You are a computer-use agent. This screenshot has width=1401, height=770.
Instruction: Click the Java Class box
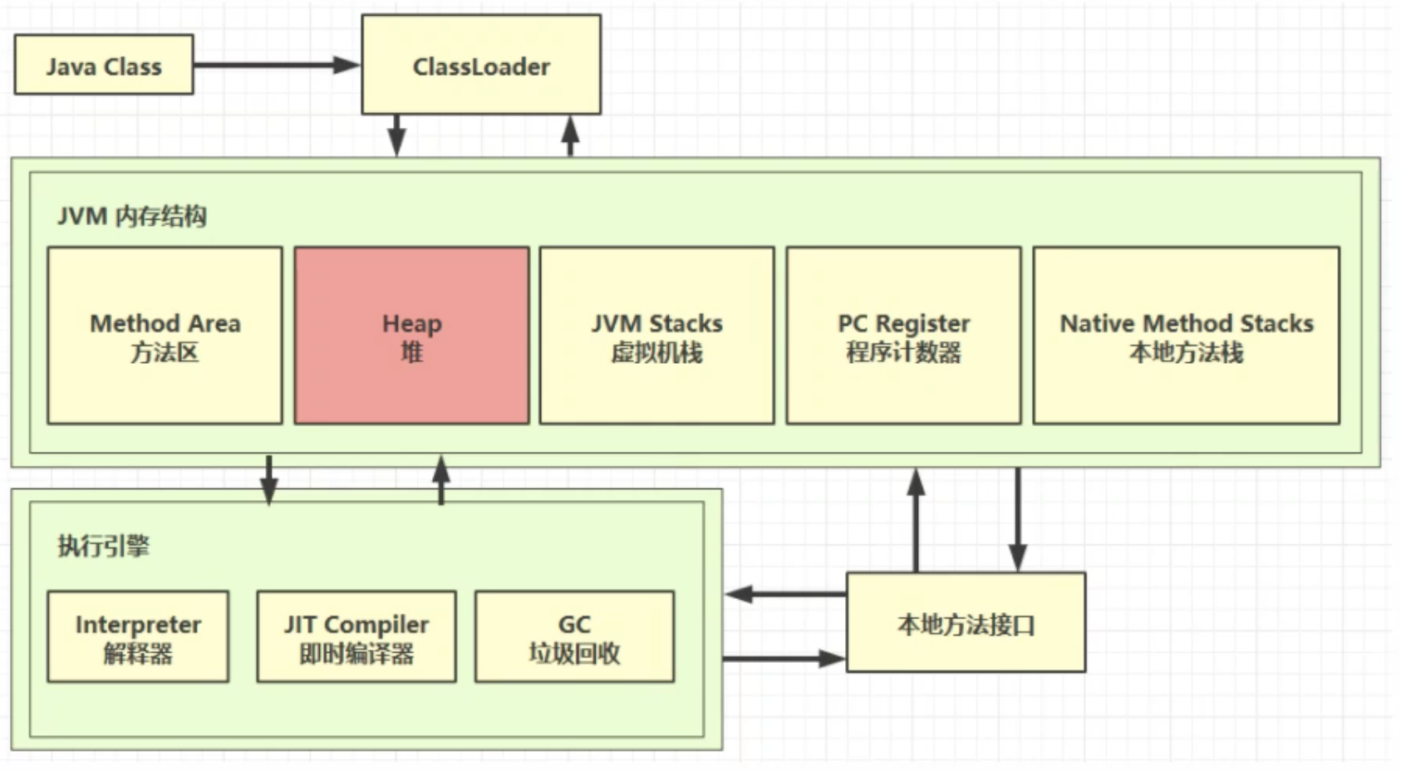click(x=104, y=65)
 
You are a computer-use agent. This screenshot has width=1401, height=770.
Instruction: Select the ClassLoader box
click(x=481, y=65)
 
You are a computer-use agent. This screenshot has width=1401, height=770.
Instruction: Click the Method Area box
click(x=165, y=336)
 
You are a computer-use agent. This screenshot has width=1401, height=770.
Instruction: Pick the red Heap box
click(x=411, y=336)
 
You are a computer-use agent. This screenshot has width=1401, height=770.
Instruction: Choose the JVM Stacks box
click(x=656, y=336)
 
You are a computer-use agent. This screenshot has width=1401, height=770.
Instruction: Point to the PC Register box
click(x=903, y=336)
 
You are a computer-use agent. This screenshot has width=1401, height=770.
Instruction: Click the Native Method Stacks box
click(x=1186, y=336)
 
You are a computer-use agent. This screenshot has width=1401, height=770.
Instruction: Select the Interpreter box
click(x=138, y=637)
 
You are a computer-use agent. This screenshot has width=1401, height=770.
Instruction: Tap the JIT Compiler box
click(x=356, y=637)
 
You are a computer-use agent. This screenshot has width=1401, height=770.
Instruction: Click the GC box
click(x=574, y=637)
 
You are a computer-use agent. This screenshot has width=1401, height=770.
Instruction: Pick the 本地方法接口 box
click(x=966, y=623)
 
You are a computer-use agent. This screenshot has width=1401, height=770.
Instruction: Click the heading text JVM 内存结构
click(x=131, y=217)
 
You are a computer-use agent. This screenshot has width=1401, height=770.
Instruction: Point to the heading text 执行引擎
click(x=103, y=546)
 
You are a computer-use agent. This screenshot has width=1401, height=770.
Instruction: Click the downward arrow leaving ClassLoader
click(x=397, y=135)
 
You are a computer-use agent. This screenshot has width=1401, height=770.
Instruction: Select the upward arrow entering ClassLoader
click(x=570, y=136)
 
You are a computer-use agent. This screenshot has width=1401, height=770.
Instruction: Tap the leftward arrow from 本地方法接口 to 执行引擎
click(x=785, y=594)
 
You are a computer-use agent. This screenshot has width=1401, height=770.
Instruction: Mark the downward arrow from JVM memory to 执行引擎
click(x=268, y=479)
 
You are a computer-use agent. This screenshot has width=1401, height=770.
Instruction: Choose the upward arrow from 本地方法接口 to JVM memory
click(x=916, y=520)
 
